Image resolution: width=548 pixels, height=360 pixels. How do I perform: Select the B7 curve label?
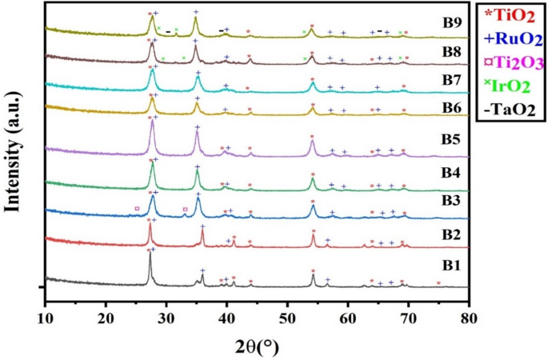pyautogui.click(x=438, y=79)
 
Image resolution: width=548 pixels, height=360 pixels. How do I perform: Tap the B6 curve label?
pyautogui.click(x=438, y=104)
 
